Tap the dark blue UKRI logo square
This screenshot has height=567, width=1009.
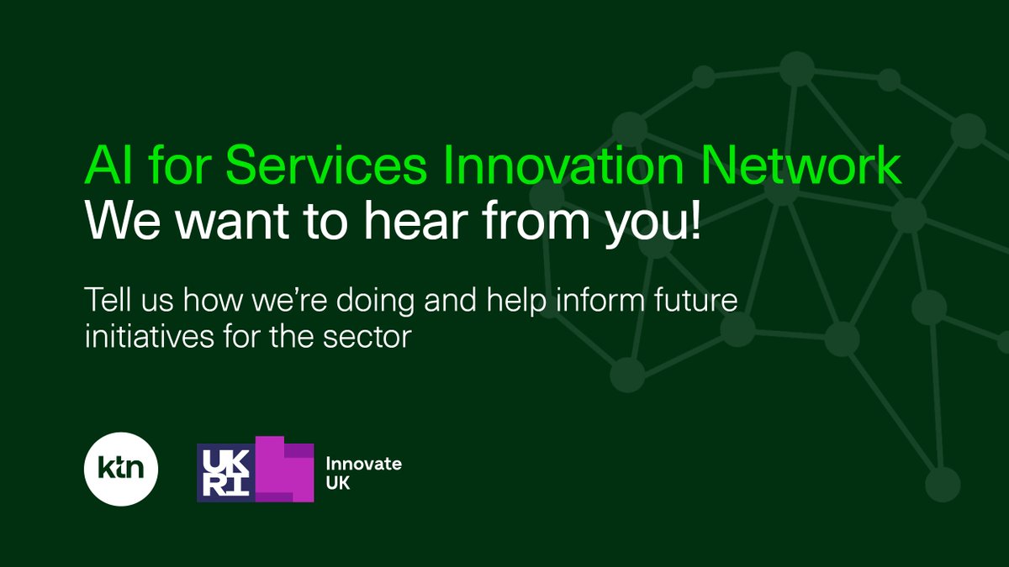(x=225, y=473)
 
